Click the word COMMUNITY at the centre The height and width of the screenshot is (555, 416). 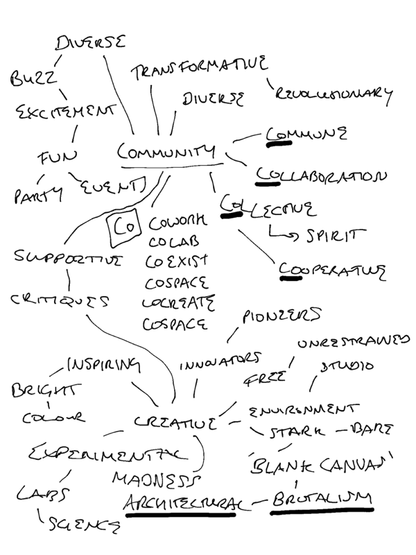(167, 152)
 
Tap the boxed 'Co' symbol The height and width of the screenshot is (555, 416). (123, 227)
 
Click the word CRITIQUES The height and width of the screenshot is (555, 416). (62, 301)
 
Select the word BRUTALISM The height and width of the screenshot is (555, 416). (322, 498)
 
